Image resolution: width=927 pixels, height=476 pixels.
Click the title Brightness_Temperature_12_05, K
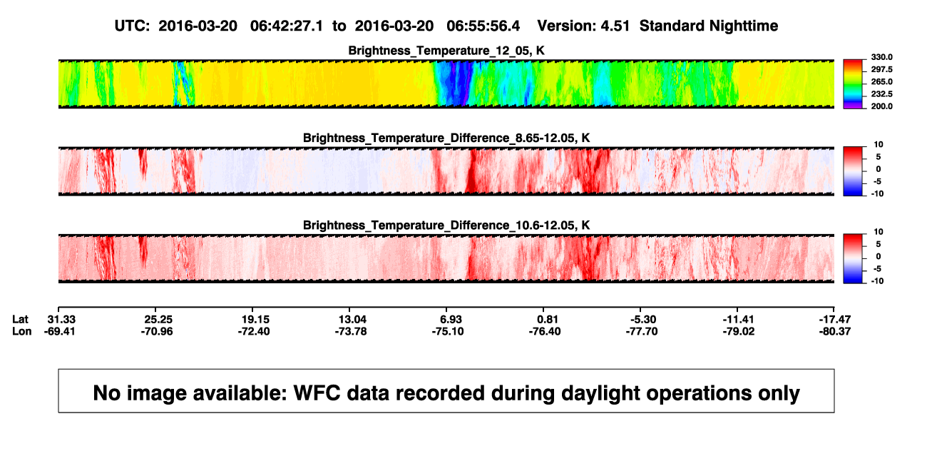[x=446, y=51]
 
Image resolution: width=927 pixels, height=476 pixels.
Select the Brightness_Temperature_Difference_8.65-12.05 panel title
[x=446, y=138]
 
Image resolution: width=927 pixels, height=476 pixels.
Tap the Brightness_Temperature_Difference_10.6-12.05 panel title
[x=446, y=226]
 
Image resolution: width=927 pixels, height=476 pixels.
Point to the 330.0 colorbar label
[x=881, y=57]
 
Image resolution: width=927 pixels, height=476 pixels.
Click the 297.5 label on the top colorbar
[x=881, y=69]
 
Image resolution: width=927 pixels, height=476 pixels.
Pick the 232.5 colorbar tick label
[x=881, y=94]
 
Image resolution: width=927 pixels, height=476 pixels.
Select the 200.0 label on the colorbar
[x=881, y=106]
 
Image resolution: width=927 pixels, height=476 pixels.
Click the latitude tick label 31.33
[x=61, y=320]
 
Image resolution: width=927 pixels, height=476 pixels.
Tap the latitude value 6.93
[x=450, y=320]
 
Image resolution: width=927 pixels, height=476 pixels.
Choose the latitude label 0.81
[x=548, y=320]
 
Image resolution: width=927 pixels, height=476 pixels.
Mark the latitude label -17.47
[x=835, y=320]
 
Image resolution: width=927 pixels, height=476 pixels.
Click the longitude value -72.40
[x=254, y=331]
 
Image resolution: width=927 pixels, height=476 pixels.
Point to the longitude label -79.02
[x=739, y=331]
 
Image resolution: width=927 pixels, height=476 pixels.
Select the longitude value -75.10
[x=448, y=331]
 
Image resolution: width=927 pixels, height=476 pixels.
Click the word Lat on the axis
[x=20, y=320]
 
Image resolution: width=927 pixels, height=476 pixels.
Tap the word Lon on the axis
[x=22, y=331]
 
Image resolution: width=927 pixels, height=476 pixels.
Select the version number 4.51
[x=615, y=26]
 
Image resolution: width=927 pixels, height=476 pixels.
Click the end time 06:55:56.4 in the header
[x=483, y=26]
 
